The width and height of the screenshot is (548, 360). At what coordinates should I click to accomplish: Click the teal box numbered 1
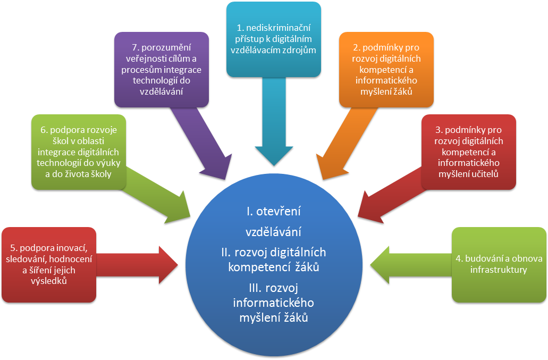coord(273,38)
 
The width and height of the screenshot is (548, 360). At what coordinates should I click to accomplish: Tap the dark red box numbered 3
coord(468,152)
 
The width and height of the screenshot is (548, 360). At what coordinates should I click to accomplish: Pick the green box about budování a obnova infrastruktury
coord(499,264)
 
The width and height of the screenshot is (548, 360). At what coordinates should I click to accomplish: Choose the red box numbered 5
coord(49,264)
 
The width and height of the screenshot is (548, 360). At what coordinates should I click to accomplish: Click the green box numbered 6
coord(79,152)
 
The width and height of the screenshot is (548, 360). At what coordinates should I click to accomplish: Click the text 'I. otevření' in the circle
coord(273,211)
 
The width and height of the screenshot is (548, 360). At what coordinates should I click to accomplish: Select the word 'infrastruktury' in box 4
coord(499,270)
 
